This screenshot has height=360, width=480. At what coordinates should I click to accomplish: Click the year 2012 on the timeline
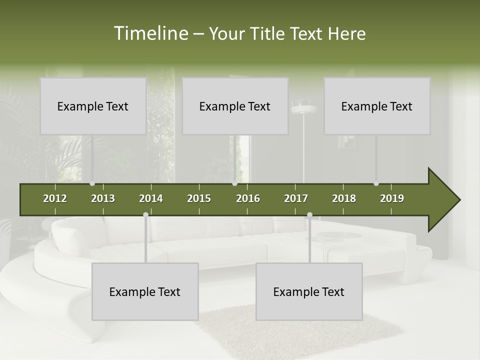55,198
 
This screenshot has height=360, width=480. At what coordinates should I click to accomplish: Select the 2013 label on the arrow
103,198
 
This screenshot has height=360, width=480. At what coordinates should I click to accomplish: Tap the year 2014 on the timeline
151,198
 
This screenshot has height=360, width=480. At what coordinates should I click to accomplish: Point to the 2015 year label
199,198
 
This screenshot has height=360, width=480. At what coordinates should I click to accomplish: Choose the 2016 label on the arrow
248,198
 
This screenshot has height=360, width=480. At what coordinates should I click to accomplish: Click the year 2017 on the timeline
296,198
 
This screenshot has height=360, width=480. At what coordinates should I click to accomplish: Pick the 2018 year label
344,198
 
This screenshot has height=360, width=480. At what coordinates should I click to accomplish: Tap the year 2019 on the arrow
392,198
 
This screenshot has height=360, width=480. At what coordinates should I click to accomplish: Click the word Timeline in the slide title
150,33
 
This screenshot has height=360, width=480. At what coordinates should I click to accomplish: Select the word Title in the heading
269,33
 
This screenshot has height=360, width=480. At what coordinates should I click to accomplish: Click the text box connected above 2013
93,106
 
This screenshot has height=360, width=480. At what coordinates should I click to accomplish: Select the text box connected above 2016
235,106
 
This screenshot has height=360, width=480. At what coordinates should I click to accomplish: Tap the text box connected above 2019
377,106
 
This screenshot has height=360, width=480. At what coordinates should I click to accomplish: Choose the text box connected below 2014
145,291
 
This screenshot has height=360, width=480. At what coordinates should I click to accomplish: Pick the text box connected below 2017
309,291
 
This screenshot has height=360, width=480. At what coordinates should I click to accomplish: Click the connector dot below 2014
145,214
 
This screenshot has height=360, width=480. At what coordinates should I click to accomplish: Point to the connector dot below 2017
309,214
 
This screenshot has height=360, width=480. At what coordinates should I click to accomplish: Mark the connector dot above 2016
235,183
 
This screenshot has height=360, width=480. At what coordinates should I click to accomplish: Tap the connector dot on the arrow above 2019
376,183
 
